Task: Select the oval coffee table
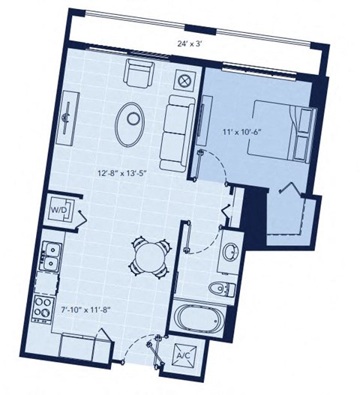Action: [133, 118]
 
